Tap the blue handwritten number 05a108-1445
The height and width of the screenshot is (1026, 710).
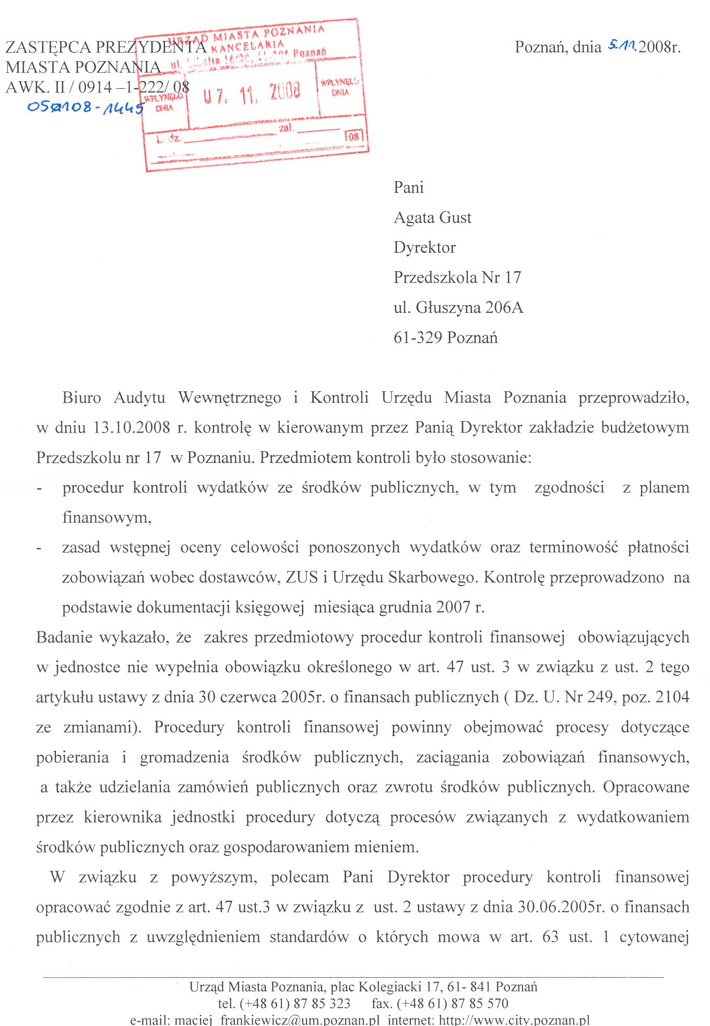[85, 108]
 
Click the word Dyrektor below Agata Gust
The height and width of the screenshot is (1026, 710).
[424, 247]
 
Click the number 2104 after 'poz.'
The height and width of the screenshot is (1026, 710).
[672, 697]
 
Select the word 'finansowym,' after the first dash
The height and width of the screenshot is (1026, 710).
[107, 517]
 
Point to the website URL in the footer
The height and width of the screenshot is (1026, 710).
[514, 1020]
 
